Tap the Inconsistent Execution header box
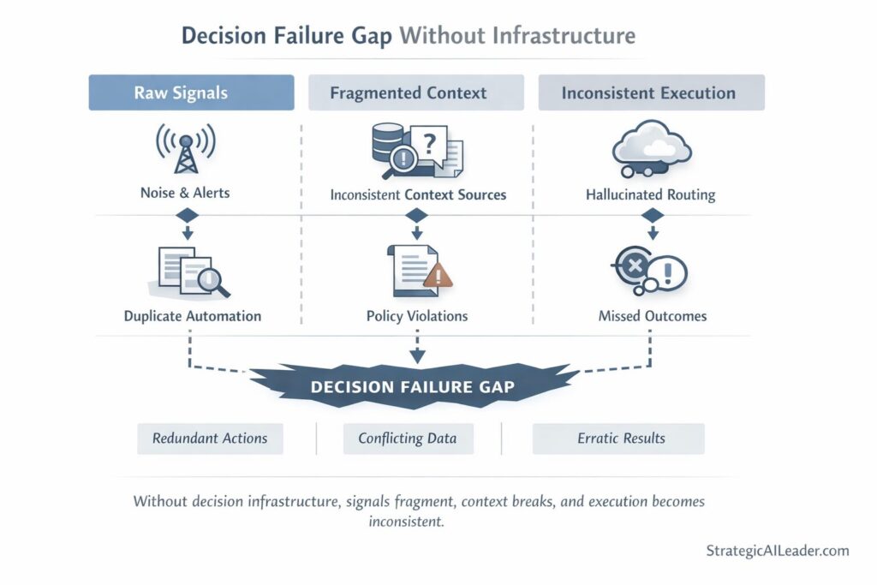[x=651, y=93]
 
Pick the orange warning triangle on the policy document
[x=438, y=274]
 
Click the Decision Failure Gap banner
[x=413, y=386]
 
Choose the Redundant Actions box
[x=210, y=439]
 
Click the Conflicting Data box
[x=408, y=439]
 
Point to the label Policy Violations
[x=417, y=316]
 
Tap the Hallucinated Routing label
[x=651, y=194]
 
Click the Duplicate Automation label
[x=193, y=316]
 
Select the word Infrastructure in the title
[x=566, y=36]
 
